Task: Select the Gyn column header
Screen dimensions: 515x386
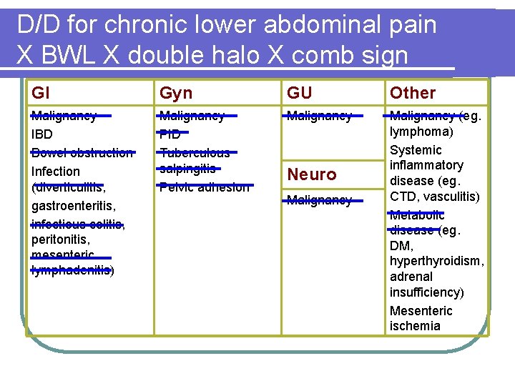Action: (176, 93)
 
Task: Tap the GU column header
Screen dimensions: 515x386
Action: (300, 93)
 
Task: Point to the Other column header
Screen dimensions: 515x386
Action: (413, 93)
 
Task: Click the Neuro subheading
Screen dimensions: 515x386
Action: (312, 174)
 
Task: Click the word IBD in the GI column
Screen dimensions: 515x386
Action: (42, 134)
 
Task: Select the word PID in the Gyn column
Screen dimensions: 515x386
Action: (170, 134)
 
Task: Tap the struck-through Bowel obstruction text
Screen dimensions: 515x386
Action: (82, 153)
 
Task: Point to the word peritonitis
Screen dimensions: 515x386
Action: (60, 241)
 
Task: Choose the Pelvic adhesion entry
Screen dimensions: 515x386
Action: (205, 187)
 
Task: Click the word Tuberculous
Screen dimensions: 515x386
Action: (195, 153)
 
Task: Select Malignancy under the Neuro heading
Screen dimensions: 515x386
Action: (319, 201)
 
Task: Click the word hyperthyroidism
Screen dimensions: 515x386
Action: (437, 261)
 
